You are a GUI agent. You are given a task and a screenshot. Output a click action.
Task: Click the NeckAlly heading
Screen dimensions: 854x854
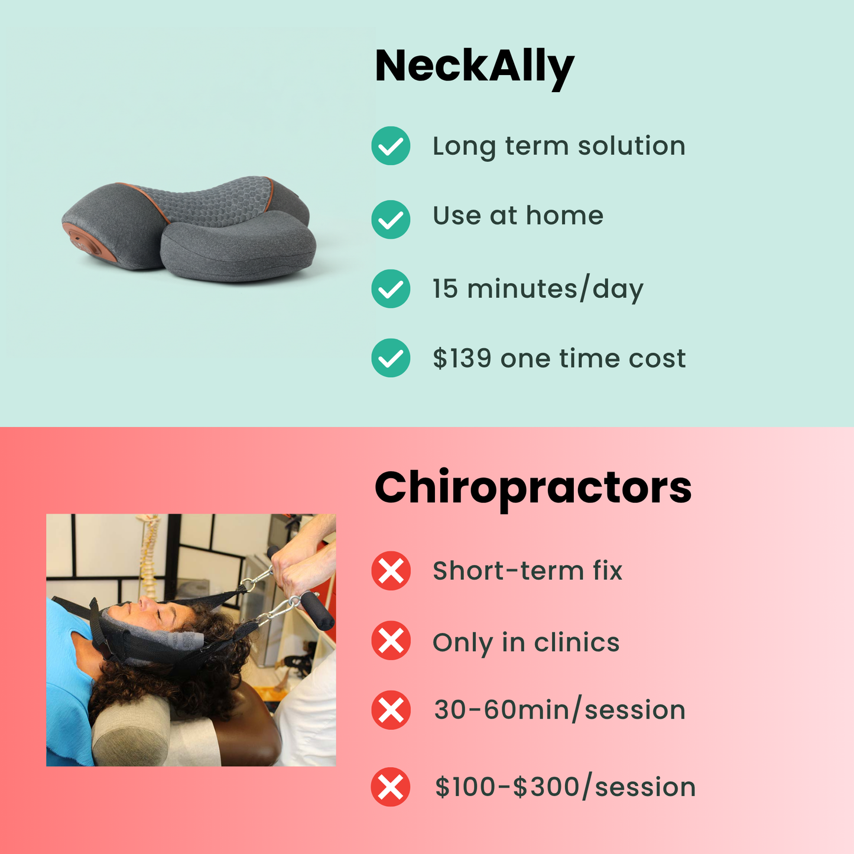coord(474,67)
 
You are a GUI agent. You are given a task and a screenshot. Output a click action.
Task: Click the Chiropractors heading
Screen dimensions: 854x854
coord(532,488)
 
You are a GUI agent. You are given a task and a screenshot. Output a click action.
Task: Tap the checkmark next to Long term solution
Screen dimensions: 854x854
coord(391,146)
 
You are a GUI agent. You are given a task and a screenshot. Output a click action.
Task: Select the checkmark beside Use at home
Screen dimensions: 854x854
coord(391,219)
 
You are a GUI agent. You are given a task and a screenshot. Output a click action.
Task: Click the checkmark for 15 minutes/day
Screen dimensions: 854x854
coord(391,288)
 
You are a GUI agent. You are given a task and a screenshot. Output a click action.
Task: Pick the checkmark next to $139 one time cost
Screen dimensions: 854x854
coord(391,358)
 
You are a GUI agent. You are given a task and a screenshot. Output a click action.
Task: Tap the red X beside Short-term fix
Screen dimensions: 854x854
coord(391,571)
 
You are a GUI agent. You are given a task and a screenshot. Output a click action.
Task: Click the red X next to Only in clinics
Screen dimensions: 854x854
coord(391,641)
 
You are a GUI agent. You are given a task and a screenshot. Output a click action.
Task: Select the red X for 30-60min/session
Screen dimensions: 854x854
coord(391,710)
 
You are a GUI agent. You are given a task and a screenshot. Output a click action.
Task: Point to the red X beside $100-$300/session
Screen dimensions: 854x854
coord(391,787)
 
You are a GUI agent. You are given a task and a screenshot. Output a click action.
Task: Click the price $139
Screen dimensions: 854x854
coord(462,358)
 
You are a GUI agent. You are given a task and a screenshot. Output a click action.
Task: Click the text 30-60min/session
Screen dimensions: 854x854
coord(559,710)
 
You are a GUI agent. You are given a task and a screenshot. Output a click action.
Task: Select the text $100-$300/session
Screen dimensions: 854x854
coord(565,787)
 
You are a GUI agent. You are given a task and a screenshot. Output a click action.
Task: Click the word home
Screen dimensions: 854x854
coord(564,216)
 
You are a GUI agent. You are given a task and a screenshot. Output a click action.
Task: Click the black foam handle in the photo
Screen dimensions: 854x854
coord(317,611)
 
